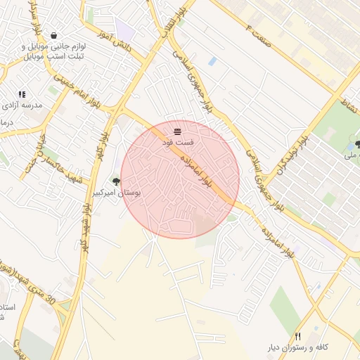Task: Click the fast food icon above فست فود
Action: click(177, 131)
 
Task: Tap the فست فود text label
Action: click(177, 143)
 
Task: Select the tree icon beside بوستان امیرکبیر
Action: click(116, 182)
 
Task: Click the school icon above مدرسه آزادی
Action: click(22, 94)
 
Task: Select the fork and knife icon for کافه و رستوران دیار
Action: click(297, 337)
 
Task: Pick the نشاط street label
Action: click(349, 106)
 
